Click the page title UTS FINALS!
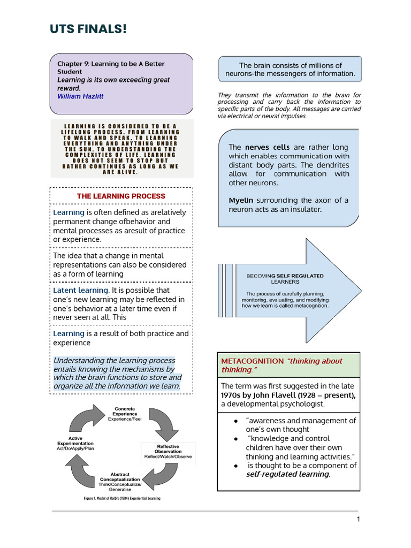point(89,29)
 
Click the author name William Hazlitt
point(80,96)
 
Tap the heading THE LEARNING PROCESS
point(121,196)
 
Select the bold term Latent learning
point(81,291)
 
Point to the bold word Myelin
point(241,200)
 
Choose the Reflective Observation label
point(168,449)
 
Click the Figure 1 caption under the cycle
point(122,498)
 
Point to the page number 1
point(359,520)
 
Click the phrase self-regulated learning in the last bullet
point(288,474)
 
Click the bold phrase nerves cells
point(267,147)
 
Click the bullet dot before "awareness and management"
point(236,421)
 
